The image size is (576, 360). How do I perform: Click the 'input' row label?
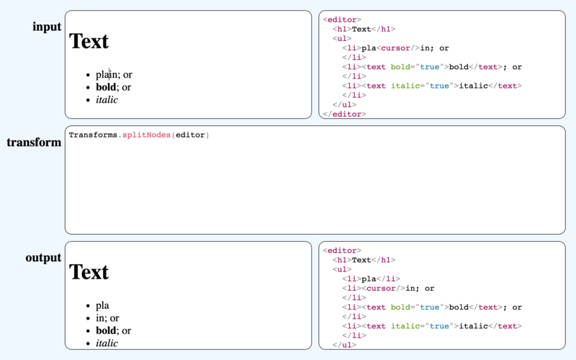coord(47,27)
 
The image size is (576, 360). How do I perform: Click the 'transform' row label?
coord(34,142)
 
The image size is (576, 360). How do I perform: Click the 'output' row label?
coord(43,258)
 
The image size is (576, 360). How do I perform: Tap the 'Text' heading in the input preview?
coord(89,41)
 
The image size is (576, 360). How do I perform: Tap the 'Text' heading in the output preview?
coord(89,272)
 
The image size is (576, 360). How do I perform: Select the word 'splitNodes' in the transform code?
coord(147,135)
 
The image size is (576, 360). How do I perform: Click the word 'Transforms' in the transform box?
coord(93,135)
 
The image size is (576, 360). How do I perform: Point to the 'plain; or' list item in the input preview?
coord(114,75)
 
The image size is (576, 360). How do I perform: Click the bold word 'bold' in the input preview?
coord(106,87)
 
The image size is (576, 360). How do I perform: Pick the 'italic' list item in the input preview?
coord(107,99)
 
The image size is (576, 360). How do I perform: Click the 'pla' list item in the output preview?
coord(102,305)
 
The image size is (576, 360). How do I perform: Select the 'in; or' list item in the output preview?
coord(107,318)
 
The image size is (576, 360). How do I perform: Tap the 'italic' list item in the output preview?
coord(107,343)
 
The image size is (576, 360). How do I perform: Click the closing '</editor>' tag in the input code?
coord(344,114)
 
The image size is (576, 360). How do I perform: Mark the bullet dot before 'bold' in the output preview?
coord(88,331)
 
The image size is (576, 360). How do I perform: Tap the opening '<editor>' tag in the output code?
coord(342,251)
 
